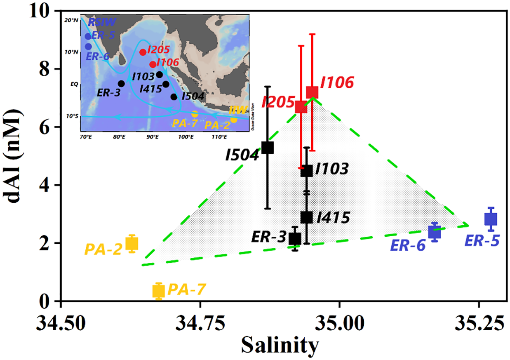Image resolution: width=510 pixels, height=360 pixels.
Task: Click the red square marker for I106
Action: (312, 92)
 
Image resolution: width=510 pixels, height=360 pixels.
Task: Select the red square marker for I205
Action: (301, 107)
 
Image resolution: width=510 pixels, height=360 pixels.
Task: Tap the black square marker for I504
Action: (268, 147)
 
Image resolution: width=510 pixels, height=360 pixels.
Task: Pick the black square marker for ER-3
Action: (295, 238)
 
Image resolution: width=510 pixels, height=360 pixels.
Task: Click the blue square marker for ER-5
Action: (491, 219)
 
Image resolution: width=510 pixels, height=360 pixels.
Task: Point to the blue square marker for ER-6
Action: (434, 233)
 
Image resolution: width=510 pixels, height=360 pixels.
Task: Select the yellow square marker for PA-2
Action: (132, 243)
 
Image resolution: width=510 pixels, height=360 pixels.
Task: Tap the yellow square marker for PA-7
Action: (159, 291)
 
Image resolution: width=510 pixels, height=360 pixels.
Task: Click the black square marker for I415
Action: (306, 217)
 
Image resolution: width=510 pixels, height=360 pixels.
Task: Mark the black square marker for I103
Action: (306, 171)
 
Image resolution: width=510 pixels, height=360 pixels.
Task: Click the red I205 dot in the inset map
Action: (143, 52)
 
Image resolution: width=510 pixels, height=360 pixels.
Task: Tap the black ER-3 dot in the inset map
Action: (121, 84)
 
